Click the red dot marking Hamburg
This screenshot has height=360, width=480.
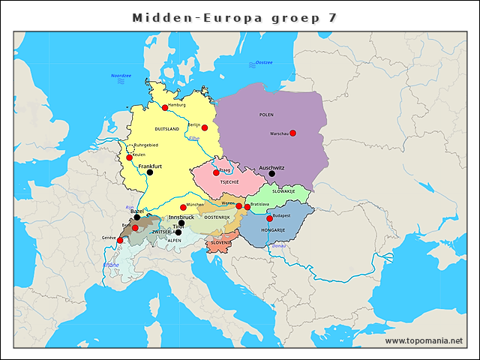(165, 108)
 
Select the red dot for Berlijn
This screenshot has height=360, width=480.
(204, 128)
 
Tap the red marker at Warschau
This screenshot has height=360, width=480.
(292, 133)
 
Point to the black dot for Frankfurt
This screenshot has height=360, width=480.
(149, 172)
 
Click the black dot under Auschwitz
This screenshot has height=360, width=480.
(271, 174)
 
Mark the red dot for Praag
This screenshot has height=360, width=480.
(216, 173)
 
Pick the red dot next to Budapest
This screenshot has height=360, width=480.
(270, 218)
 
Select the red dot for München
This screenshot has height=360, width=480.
(183, 208)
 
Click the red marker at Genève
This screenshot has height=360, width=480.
(120, 241)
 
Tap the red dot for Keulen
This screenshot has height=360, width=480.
(129, 157)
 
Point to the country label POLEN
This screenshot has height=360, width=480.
(266, 115)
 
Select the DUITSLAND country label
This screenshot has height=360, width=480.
(167, 129)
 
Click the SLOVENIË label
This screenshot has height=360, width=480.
(221, 243)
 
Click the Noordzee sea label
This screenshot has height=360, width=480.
(121, 76)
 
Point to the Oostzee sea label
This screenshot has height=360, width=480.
(264, 62)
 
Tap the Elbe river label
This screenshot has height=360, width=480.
(194, 139)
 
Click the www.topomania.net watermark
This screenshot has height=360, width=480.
(424, 340)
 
